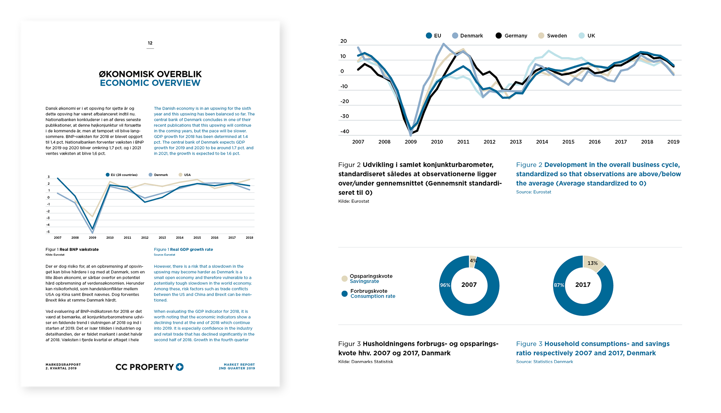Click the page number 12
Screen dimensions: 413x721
150,43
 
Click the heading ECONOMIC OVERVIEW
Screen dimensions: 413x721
150,83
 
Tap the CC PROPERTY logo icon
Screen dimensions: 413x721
180,367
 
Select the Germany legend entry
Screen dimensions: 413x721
511,36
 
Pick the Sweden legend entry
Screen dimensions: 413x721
553,36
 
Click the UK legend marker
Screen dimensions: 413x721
582,36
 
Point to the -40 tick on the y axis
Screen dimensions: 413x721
344,131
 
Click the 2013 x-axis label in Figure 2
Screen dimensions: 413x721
516,142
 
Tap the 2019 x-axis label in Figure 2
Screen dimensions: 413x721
673,142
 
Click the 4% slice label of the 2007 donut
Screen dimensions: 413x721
473,261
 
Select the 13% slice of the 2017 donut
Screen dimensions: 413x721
593,263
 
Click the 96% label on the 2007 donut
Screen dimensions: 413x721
445,285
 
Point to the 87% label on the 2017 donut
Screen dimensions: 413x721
559,285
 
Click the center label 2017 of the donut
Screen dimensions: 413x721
583,285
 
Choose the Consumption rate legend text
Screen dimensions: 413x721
373,296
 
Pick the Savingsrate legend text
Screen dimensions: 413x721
364,281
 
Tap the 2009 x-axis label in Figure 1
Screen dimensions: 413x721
92,238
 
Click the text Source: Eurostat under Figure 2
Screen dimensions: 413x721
533,192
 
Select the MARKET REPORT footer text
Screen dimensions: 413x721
239,365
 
